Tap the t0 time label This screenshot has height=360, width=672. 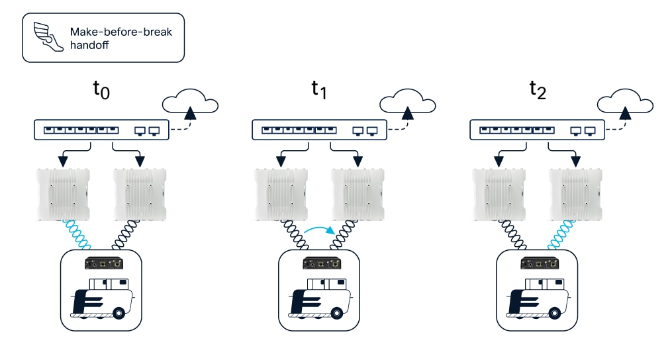click(101, 90)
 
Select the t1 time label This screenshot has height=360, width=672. click(319, 90)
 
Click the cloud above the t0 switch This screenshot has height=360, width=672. click(190, 103)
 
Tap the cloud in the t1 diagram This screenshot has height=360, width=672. click(408, 103)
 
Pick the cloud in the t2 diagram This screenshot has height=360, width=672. click(626, 103)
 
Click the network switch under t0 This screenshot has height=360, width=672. click(103, 130)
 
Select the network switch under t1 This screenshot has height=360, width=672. click(320, 130)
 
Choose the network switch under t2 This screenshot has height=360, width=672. click(538, 130)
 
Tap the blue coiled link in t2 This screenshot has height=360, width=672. click(560, 232)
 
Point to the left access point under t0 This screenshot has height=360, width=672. click(64, 194)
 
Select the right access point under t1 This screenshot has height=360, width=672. click(358, 194)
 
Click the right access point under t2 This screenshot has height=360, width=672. click(576, 194)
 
